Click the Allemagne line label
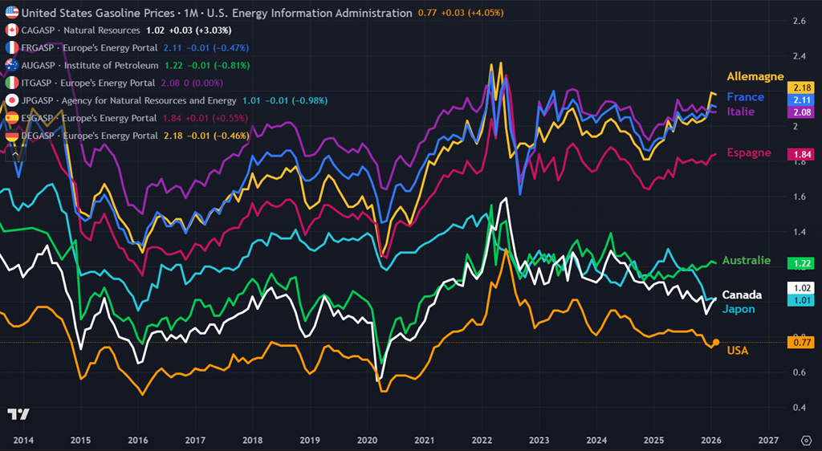tap(755, 76)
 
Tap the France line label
tap(745, 97)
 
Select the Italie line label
tap(740, 112)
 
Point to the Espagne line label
tap(748, 152)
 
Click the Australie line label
tap(746, 261)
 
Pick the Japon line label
tap(738, 309)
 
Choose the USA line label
tap(738, 351)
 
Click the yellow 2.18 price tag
tap(802, 87)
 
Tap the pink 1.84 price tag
tap(802, 153)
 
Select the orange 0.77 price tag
tap(802, 343)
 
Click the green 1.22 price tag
tap(802, 263)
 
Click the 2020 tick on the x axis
tap(367, 441)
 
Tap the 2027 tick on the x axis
tap(768, 441)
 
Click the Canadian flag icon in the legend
tap(12, 30)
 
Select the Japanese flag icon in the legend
tap(12, 100)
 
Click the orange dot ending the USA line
tap(716, 343)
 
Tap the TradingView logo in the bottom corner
tap(18, 414)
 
